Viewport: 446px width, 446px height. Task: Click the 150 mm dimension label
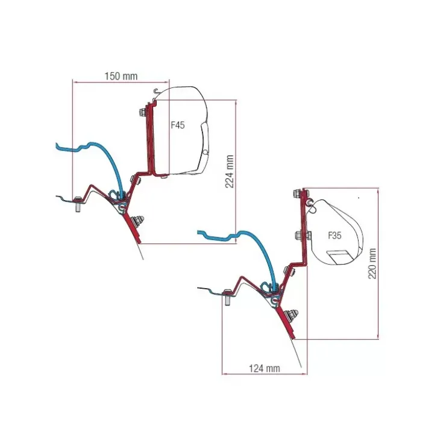pos(121,76)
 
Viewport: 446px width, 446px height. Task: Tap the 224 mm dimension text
pos(229,172)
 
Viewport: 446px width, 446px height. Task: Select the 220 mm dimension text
pos(372,263)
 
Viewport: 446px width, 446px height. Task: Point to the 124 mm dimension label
pos(264,369)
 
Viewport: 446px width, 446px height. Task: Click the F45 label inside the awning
pos(178,125)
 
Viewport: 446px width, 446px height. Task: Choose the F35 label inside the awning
pos(334,236)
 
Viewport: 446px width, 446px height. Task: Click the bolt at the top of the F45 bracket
pos(143,111)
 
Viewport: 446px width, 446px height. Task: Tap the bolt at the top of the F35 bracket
pos(298,193)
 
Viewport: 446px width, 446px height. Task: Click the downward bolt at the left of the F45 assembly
pos(77,203)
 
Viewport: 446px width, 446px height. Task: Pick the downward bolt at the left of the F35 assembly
pos(228,297)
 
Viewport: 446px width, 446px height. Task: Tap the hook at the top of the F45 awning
pos(156,91)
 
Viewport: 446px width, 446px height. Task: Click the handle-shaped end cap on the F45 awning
pos(205,147)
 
